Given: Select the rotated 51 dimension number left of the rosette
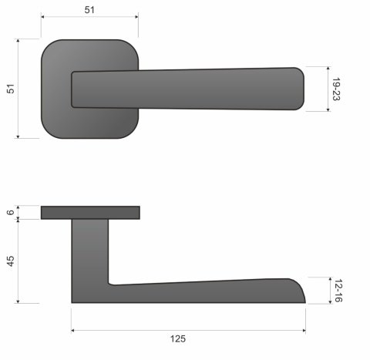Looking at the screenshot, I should (x=10, y=89).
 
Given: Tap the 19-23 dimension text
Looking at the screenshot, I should (x=337, y=89).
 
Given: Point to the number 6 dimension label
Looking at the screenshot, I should (x=10, y=212).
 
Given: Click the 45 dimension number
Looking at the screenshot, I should (x=10, y=261).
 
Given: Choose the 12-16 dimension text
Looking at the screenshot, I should (x=337, y=290).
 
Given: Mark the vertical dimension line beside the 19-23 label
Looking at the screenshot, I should (x=327, y=89).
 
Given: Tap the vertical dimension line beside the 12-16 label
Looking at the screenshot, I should (x=327, y=290).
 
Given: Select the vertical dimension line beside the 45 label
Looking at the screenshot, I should (x=18, y=261).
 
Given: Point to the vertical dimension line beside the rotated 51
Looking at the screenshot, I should (x=18, y=89).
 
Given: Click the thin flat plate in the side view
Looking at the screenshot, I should (x=90, y=213).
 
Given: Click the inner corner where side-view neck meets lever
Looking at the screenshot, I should (x=110, y=282).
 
